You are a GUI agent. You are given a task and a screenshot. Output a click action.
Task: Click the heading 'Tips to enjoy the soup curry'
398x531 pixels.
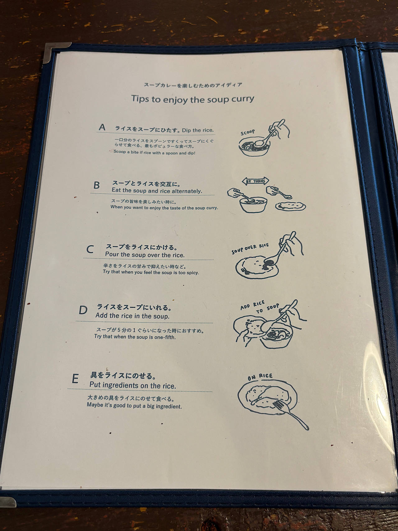[x=192, y=99]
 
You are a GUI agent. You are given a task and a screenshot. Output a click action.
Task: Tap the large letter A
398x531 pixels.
[x=102, y=127]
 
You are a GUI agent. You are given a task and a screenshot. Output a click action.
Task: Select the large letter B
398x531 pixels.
[x=96, y=185]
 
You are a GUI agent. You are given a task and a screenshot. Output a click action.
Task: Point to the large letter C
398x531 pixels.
[x=90, y=249]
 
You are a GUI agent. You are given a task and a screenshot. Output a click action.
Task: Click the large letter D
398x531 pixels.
[x=83, y=310]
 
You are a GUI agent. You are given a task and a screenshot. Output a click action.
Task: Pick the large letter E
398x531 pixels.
[x=75, y=379]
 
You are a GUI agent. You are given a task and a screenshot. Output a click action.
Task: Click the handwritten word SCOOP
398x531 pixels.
[x=248, y=133]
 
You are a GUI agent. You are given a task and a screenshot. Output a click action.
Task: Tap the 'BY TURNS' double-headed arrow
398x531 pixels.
[x=255, y=181]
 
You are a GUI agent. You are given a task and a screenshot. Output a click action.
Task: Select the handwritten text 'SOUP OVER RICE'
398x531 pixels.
[x=250, y=249]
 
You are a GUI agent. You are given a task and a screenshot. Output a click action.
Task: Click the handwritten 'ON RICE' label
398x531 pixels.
[x=260, y=377]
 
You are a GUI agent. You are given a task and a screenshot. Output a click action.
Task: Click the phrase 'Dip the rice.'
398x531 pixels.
[x=198, y=130]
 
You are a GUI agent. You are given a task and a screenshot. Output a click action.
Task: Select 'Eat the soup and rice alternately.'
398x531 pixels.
[x=157, y=191]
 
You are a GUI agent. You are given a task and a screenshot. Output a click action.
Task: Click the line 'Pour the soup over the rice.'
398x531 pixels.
[x=145, y=255]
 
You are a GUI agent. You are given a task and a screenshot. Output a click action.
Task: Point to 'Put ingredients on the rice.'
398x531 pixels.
[x=133, y=385]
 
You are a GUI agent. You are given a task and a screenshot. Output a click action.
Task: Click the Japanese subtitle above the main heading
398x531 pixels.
[x=193, y=85]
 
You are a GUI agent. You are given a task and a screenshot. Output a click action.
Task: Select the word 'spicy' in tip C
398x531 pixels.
[x=193, y=272]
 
